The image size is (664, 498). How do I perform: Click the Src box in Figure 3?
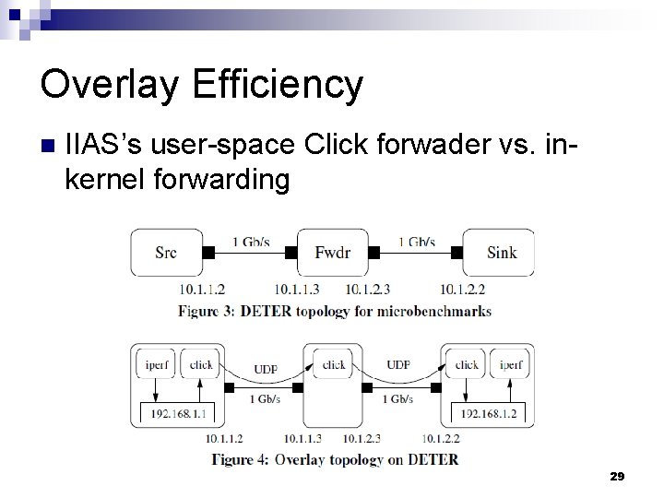pos(167,251)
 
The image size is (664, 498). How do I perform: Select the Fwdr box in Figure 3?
pos(332,251)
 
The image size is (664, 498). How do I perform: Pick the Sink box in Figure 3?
pos(498,251)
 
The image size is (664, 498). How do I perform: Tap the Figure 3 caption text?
pos(334,310)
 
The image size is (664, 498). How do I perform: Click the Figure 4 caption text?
pos(334,458)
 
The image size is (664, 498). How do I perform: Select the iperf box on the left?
pos(155,364)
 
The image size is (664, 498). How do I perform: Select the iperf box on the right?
pos(509,364)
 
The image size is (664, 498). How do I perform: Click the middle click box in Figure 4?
pos(333,364)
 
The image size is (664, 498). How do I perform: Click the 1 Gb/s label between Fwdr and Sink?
pos(418,242)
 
